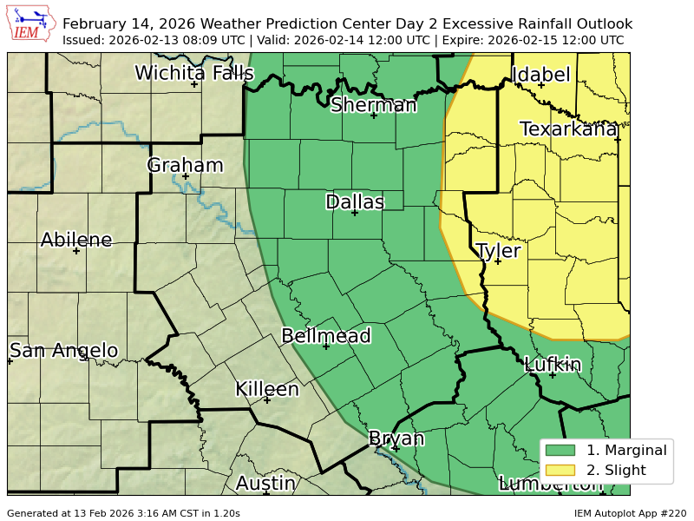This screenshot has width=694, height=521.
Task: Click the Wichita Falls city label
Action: click(x=194, y=73)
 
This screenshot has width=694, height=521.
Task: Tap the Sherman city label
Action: click(x=374, y=105)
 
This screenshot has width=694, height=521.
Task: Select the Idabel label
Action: click(x=541, y=75)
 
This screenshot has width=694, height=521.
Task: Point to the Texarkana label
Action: click(x=568, y=129)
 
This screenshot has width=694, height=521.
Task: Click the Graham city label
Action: click(x=185, y=165)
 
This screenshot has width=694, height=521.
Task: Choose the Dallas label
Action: click(x=354, y=201)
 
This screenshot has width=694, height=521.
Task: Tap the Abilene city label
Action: click(x=76, y=240)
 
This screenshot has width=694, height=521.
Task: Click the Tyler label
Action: click(x=498, y=251)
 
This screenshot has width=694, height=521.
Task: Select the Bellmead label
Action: click(x=326, y=336)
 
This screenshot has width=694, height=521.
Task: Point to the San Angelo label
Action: click(x=63, y=350)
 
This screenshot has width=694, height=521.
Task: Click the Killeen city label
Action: click(x=267, y=389)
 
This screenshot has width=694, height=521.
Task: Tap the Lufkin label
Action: click(x=553, y=365)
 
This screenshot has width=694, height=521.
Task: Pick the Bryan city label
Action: click(x=396, y=438)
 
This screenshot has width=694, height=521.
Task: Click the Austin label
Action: click(x=266, y=483)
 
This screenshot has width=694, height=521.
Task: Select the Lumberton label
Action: click(x=547, y=484)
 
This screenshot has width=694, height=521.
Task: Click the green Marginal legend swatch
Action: click(x=561, y=450)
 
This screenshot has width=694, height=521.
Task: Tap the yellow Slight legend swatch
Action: click(x=561, y=471)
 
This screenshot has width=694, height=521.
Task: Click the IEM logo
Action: click(x=33, y=23)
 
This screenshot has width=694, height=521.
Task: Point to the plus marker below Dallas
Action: click(x=354, y=213)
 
